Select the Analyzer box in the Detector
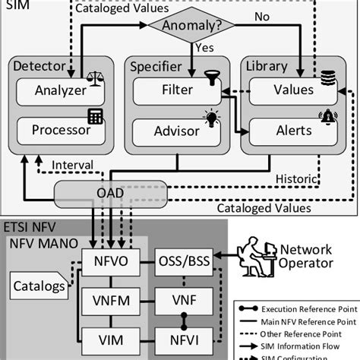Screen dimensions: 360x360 (53, 90)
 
